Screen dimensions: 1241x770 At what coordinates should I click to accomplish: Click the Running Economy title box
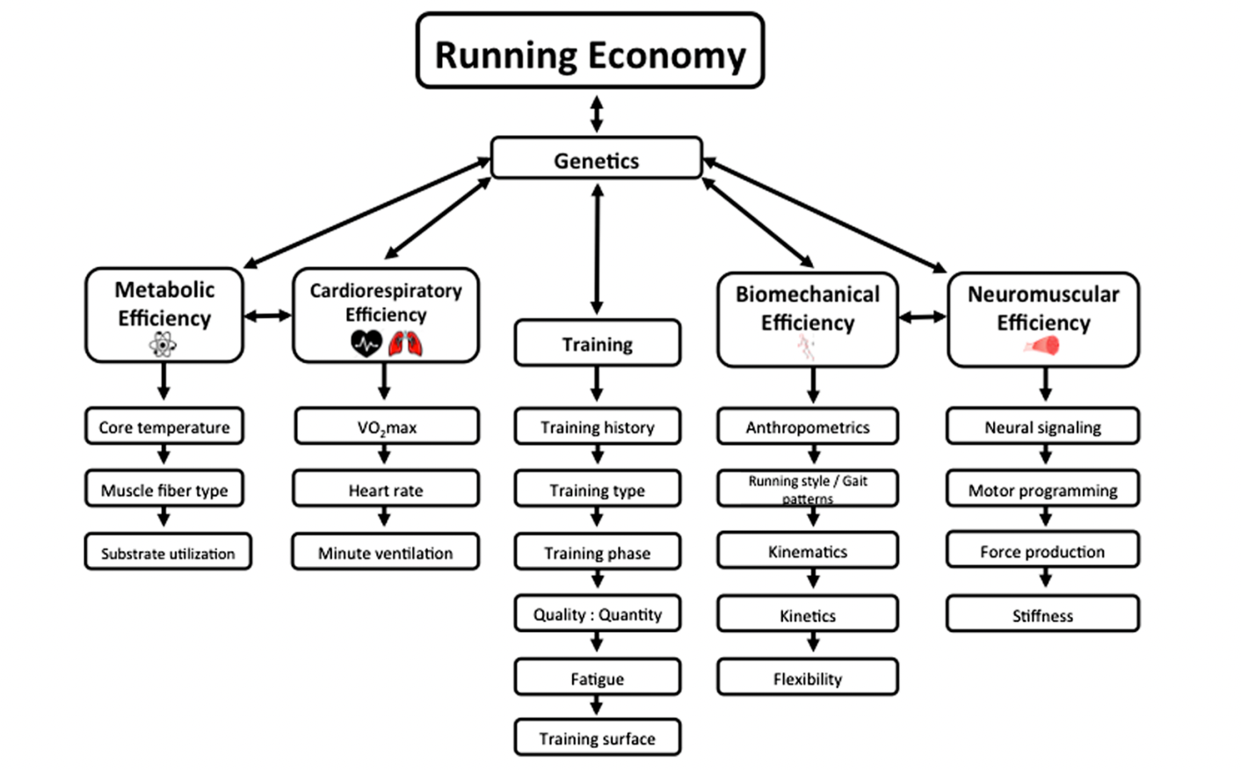point(590,51)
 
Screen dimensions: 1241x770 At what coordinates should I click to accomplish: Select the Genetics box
point(597,158)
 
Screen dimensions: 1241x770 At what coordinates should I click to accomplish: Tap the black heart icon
point(366,344)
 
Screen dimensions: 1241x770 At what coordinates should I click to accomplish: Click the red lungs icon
point(405,344)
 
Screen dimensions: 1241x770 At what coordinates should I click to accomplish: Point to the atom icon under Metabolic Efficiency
point(163,345)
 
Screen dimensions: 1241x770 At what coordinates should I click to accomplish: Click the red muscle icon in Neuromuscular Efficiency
point(1041,346)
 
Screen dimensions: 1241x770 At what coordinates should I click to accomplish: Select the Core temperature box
point(164,426)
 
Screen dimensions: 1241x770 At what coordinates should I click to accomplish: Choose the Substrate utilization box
point(168,552)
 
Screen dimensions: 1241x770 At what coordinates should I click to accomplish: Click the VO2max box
point(387,426)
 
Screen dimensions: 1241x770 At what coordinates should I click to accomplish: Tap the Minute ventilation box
point(386,552)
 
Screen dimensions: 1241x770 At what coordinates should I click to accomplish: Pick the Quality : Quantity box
point(598,614)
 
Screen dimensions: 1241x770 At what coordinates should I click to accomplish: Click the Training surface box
point(598,737)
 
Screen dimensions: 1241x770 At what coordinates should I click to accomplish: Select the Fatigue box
point(598,677)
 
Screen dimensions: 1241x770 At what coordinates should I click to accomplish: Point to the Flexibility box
point(808,677)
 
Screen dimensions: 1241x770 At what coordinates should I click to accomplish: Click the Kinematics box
point(808,550)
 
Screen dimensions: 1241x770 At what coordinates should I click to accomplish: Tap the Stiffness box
point(1042,614)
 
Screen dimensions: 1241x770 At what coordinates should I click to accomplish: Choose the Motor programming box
point(1042,489)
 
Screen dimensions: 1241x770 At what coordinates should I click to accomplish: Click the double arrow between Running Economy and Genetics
point(597,114)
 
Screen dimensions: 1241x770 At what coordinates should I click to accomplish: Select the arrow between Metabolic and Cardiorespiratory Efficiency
point(267,316)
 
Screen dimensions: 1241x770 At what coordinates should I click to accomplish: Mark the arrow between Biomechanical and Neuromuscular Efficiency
point(923,316)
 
